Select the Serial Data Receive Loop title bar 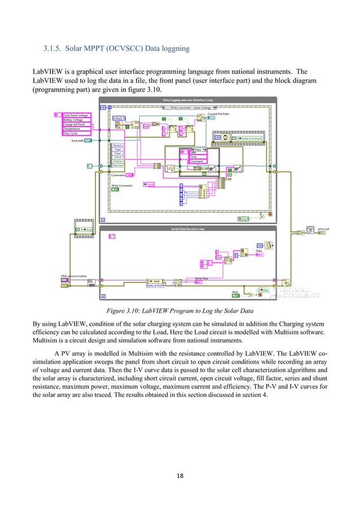point(188,229)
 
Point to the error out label point(323,228)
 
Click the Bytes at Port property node point(155,286)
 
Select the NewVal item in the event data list point(117,165)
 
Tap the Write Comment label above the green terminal point(121,185)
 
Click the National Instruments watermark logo point(296,291)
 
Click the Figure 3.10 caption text point(180,311)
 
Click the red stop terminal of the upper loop point(270,215)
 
